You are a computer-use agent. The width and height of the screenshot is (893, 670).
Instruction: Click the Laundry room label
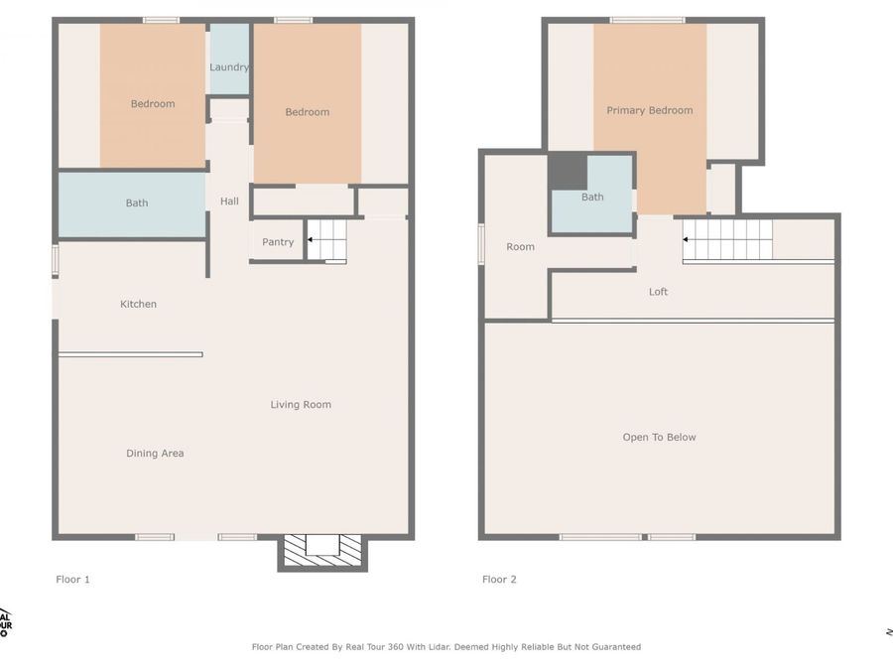[x=229, y=67]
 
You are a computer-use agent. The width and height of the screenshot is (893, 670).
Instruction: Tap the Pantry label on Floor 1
[x=278, y=242]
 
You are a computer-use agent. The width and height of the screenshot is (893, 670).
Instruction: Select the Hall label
[x=229, y=201]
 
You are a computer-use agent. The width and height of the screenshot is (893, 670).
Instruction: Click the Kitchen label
[x=138, y=304]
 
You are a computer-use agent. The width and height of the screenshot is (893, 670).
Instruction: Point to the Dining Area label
[x=155, y=454]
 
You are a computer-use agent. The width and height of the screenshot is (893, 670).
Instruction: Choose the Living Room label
[x=301, y=404]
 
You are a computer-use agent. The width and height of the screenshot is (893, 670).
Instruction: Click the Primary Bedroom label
[x=649, y=110]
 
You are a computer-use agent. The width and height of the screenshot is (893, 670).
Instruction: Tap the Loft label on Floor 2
[x=658, y=292]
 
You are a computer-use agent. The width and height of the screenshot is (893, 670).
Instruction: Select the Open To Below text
[x=659, y=437]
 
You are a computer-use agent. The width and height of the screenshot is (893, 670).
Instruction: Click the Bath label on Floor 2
[x=592, y=198]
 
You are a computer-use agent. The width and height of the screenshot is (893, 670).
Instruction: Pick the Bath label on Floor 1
[x=137, y=203]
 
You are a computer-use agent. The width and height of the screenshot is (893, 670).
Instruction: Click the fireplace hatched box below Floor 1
[x=322, y=551]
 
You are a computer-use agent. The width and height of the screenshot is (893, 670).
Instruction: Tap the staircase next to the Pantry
[x=326, y=241]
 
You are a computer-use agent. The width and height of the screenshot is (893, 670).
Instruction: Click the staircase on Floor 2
[x=727, y=240]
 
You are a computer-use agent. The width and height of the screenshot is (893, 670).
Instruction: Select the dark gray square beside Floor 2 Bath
[x=568, y=171]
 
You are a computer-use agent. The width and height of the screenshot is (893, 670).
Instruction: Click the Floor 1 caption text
[x=72, y=579]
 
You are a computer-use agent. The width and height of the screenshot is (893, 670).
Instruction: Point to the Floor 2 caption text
[x=499, y=579]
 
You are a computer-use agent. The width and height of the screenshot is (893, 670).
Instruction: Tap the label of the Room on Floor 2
[x=520, y=247]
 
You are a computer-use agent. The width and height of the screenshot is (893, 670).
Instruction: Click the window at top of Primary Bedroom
[x=647, y=20]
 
